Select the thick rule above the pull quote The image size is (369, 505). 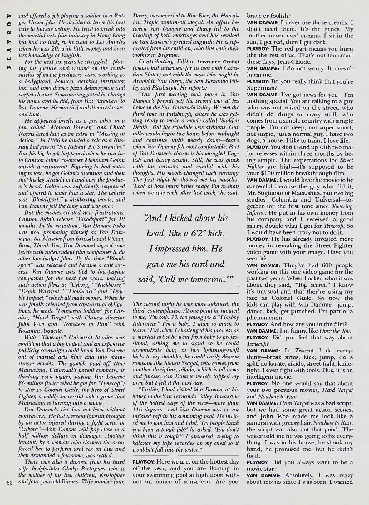coord(186,205)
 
